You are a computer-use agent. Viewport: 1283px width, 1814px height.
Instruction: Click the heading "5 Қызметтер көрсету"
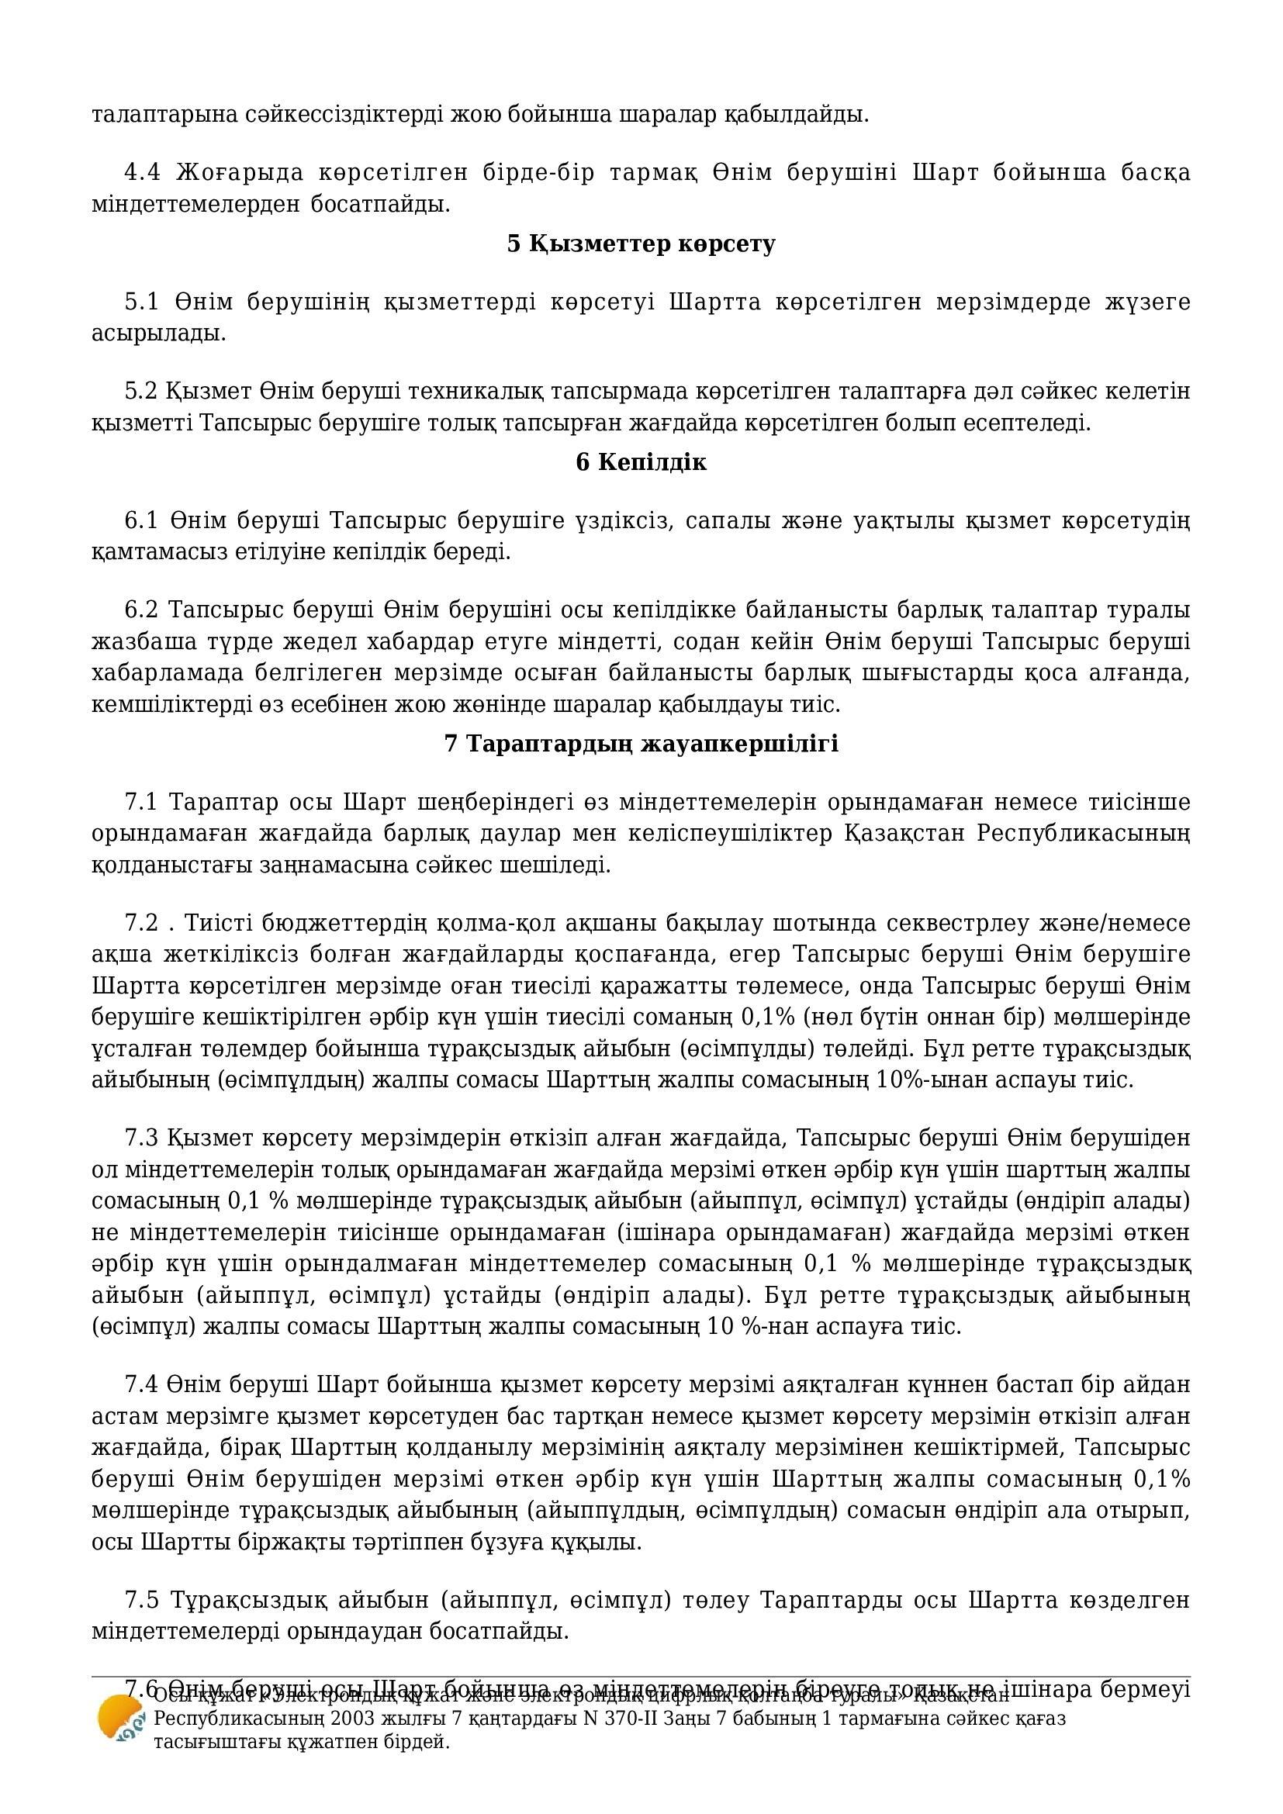pos(641,244)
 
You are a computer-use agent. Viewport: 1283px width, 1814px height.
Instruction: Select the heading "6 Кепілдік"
pos(641,462)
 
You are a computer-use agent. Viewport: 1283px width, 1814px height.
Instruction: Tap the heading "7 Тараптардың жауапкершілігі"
pos(641,744)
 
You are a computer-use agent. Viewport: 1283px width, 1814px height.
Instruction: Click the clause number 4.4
pos(142,172)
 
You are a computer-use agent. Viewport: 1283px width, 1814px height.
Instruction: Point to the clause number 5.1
pos(142,302)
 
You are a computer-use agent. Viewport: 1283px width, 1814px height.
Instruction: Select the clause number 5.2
pos(141,391)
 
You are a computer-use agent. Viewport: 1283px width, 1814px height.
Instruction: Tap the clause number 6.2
pos(141,610)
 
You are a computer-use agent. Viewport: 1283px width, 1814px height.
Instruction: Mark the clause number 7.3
pos(141,1138)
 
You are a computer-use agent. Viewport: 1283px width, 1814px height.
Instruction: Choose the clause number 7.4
pos(141,1385)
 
